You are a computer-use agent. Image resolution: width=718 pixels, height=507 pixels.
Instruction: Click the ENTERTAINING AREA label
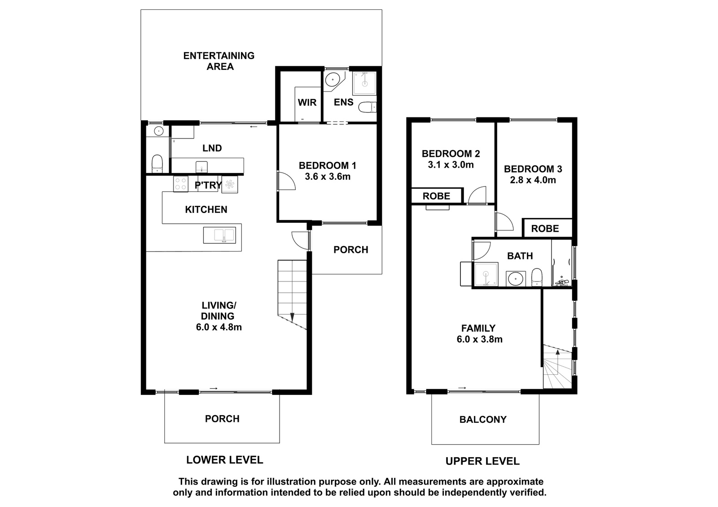[x=219, y=61]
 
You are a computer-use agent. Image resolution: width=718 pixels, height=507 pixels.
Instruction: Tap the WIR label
[x=307, y=103]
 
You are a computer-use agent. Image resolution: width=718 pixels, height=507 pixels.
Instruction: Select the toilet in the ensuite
[x=368, y=107]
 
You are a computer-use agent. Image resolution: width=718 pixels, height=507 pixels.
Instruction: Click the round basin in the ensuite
[x=334, y=79]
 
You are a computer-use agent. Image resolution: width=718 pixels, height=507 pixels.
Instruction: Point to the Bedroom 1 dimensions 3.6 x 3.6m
[x=328, y=177]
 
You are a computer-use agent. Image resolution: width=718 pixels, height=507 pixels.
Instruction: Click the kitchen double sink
[x=219, y=235]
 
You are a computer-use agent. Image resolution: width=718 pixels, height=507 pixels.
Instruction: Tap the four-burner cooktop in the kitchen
[x=180, y=184]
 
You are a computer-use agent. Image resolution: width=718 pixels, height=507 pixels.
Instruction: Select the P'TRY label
[x=208, y=185]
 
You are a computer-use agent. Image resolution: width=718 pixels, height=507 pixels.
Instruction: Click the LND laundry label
[x=212, y=148]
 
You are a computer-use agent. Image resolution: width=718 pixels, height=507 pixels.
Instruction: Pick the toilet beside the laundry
[x=157, y=163]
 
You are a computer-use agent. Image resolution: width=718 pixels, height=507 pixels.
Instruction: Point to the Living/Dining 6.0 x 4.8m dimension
[x=219, y=327]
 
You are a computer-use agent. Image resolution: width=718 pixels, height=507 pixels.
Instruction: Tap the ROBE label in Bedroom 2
[x=436, y=196]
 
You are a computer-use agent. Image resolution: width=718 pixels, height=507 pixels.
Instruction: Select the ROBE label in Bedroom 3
[x=545, y=229]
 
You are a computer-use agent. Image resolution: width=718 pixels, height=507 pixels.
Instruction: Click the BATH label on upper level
[x=520, y=256]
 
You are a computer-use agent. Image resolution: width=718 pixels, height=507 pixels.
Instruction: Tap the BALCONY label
[x=483, y=420]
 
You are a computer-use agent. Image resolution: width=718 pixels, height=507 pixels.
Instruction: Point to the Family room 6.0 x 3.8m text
[x=480, y=339]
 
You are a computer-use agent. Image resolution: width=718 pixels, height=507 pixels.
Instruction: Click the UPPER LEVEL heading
[x=482, y=461]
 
